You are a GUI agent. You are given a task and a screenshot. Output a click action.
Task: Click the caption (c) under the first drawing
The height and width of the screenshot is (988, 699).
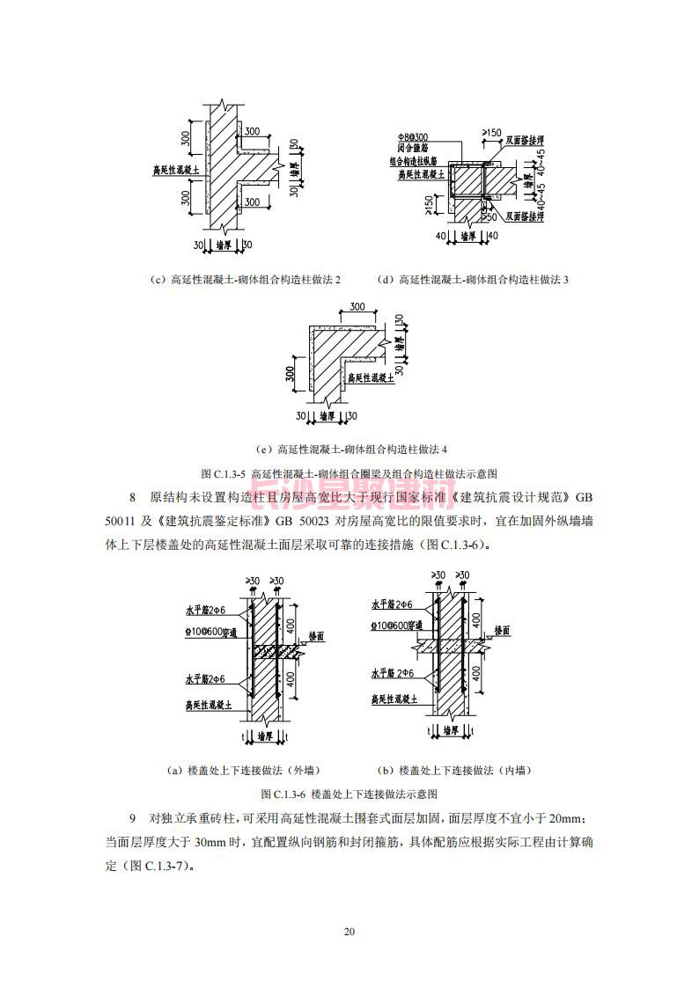click(x=246, y=280)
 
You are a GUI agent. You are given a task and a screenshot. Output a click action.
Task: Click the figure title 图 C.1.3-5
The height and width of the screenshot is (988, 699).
click(x=349, y=473)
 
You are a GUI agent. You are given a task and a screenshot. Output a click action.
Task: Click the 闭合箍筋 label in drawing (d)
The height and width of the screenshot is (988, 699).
click(x=411, y=150)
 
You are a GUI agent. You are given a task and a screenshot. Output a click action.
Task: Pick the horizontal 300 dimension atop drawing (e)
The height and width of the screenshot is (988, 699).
click(x=357, y=307)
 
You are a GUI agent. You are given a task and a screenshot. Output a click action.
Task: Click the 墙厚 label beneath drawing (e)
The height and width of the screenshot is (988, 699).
click(x=327, y=415)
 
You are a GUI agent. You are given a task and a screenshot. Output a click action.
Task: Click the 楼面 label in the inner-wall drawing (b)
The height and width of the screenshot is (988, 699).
click(x=503, y=631)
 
